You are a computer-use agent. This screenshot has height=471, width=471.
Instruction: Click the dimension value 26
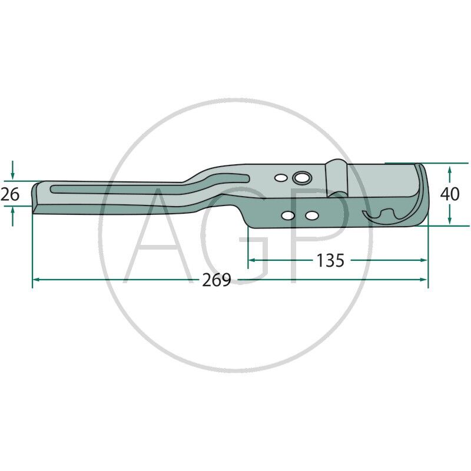coord(10,194)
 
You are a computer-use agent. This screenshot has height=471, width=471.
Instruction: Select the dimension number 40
coord(450,194)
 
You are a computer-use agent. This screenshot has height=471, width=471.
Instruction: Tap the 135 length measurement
coord(330,260)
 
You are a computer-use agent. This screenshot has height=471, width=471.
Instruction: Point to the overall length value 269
coord(216,280)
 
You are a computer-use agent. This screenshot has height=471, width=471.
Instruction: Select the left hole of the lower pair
coord(288,216)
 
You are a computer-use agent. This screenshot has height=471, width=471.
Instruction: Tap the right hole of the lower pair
coord(310,216)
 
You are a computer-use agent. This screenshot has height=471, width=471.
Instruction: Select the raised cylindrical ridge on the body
coord(336,177)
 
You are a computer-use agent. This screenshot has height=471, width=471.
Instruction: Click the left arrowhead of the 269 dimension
coord(35,280)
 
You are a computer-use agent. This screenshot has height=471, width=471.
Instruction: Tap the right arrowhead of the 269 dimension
coord(424,280)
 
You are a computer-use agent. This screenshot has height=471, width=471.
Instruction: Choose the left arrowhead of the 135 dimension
coord(251,260)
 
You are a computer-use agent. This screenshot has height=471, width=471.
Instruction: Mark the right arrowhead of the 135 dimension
coord(424,260)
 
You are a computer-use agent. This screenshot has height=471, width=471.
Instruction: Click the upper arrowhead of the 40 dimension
coord(450,170)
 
